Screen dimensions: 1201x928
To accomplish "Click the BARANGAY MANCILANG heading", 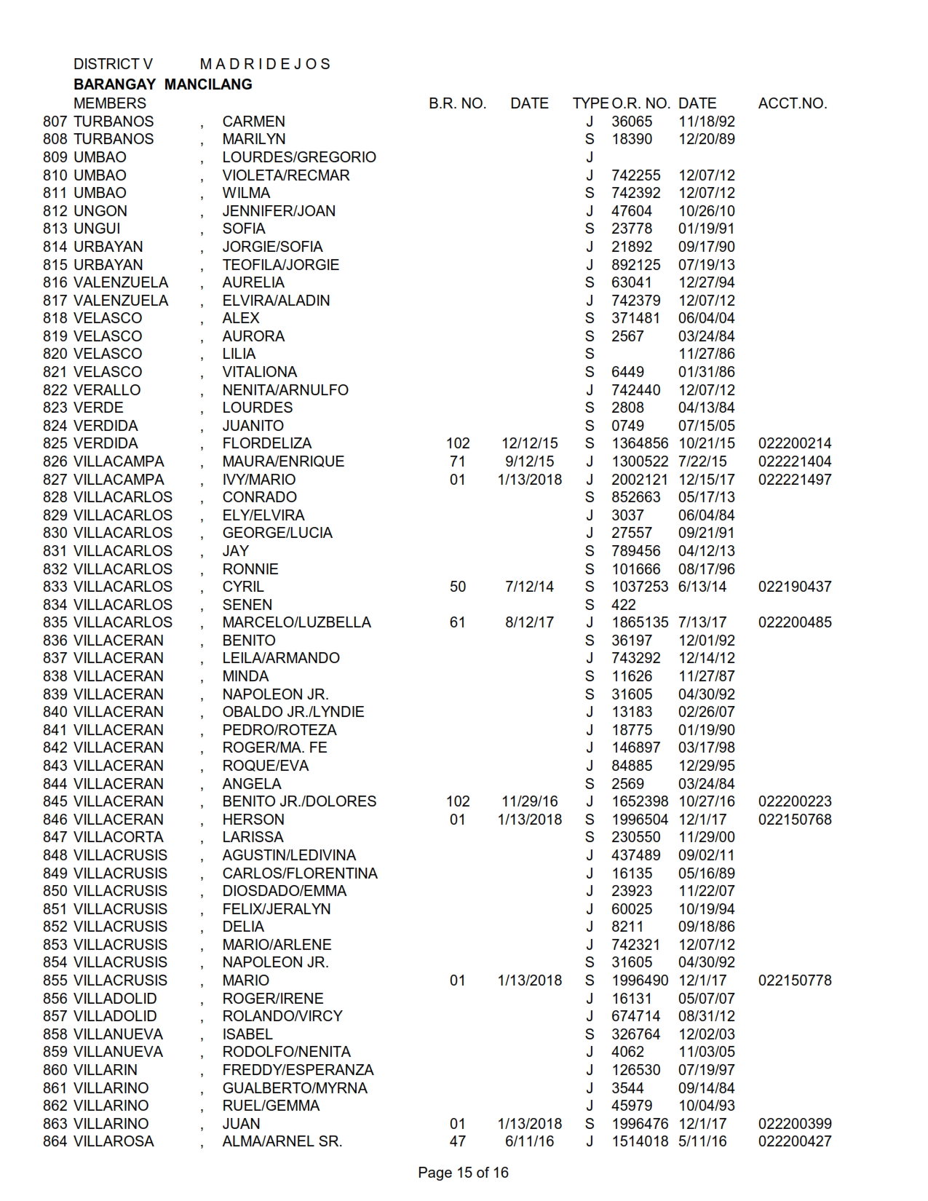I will tap(163, 84).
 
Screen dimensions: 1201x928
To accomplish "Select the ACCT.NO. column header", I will tap(792, 103).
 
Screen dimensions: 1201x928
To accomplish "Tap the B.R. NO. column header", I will tap(457, 103).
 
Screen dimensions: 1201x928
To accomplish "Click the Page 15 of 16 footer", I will tap(463, 1173).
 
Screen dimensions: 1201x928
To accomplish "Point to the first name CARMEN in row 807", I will tap(253, 122).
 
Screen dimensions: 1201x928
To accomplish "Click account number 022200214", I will tap(794, 443).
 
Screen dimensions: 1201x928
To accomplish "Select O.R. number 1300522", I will tap(639, 461).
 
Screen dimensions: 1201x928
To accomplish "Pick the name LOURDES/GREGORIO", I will tap(299, 157).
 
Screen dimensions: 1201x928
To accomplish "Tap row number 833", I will tap(55, 587).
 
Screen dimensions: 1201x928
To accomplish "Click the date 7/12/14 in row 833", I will tap(529, 587).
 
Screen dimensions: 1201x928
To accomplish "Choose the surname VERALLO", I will tap(107, 390).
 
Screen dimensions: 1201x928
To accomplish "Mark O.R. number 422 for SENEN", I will tap(623, 605).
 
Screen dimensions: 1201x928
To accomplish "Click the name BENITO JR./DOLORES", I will tap(299, 801).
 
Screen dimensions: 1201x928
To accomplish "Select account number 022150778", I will tap(794, 980).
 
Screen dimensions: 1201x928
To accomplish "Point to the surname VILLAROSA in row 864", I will tap(114, 1141).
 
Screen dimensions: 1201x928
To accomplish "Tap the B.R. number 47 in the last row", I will tap(457, 1141).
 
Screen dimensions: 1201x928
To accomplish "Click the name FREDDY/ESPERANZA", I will tap(298, 1070).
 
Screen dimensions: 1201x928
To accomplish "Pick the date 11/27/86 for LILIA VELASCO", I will tap(706, 354).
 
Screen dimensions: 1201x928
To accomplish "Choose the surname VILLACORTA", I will tap(119, 837).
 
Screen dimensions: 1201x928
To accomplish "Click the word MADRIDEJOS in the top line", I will tap(265, 64).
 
